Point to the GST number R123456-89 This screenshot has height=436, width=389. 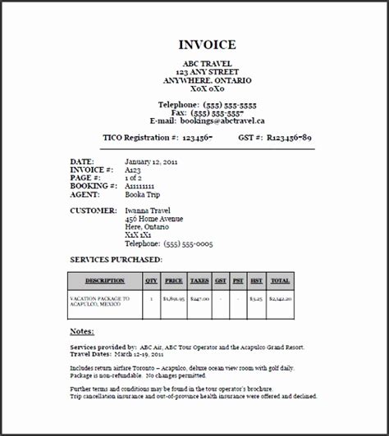[286, 139]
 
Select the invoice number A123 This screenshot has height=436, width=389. [134, 170]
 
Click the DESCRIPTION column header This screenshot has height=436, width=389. [104, 280]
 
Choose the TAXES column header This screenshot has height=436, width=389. [199, 280]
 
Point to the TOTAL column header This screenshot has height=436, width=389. [280, 280]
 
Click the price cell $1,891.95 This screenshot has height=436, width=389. [173, 301]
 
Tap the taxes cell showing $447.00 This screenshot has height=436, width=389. [199, 301]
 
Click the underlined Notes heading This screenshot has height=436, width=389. [82, 331]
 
